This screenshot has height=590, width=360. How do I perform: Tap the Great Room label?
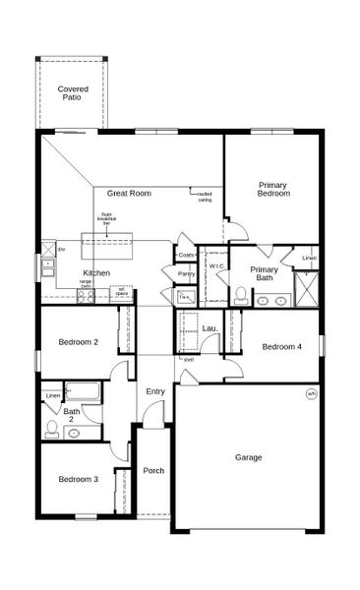[x=129, y=194]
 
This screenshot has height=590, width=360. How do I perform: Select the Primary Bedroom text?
[x=273, y=189]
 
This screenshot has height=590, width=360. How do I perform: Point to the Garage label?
[x=248, y=457]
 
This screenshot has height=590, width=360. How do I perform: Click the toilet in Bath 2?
[x=52, y=428]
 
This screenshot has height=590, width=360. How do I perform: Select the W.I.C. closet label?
[x=218, y=265]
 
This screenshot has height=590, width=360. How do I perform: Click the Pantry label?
[x=186, y=274]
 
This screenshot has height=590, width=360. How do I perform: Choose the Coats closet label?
[x=186, y=255]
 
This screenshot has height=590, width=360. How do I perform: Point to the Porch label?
[x=153, y=470]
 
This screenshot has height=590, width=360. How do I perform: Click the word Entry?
[x=155, y=391]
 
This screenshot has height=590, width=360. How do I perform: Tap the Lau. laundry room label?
[x=210, y=328]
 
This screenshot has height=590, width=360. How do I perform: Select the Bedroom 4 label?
[x=281, y=346]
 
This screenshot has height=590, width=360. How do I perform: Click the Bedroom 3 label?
[x=77, y=479]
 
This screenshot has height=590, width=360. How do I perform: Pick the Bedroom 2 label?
[x=78, y=342]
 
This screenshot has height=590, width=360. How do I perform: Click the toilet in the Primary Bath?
[x=240, y=293]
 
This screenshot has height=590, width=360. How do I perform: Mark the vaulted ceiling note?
[x=205, y=197]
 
